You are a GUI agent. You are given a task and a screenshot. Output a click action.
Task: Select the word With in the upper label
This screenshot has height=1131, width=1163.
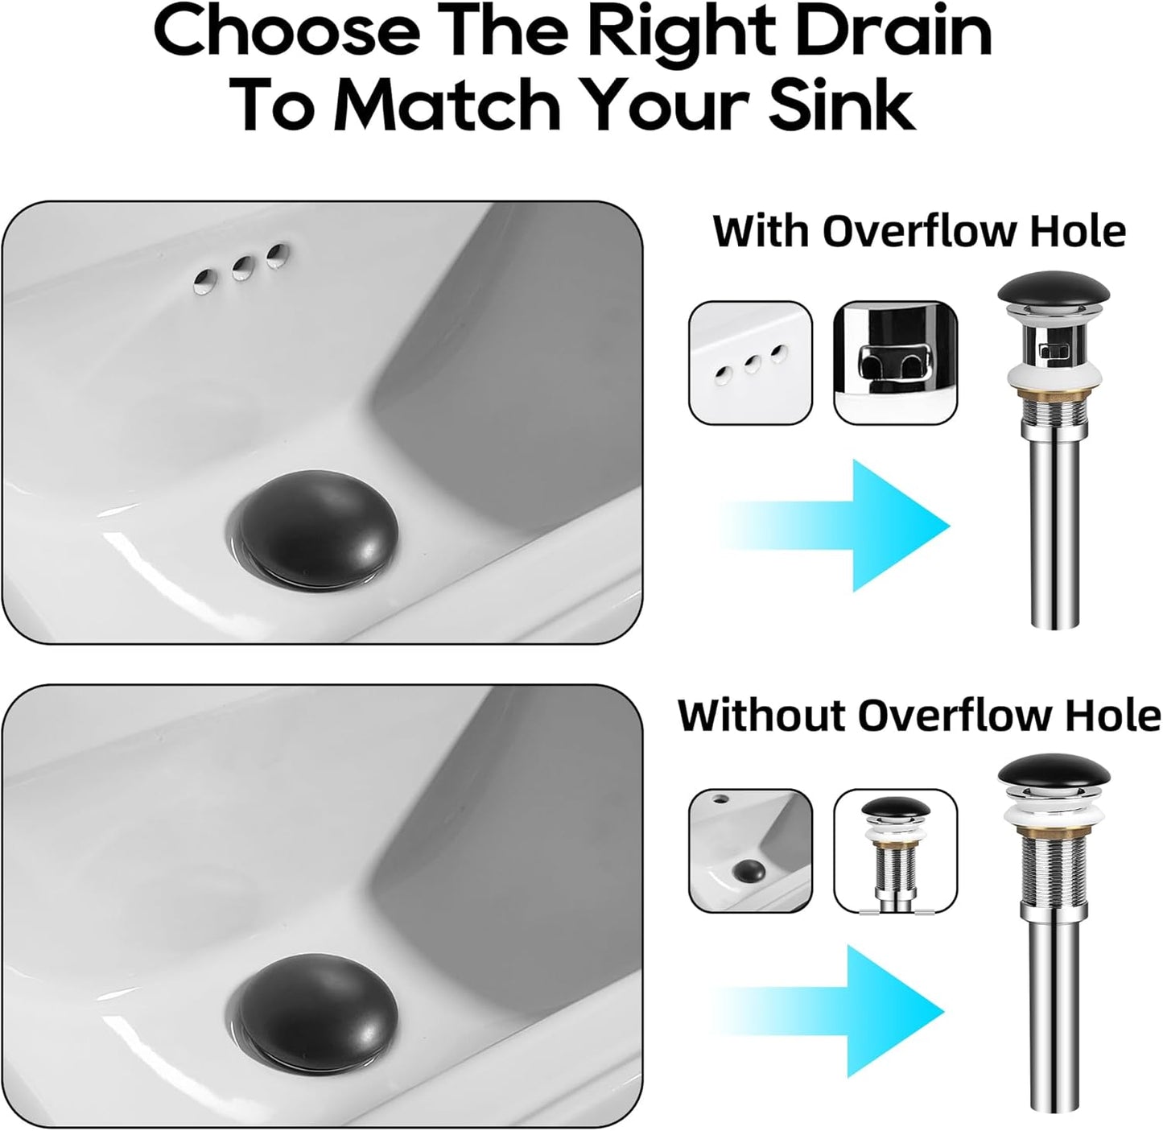(x=761, y=232)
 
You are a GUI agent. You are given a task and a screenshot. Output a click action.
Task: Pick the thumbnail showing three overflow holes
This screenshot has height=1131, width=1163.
(x=750, y=361)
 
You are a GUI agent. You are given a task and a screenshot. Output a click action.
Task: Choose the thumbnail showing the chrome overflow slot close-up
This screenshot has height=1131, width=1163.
(x=895, y=361)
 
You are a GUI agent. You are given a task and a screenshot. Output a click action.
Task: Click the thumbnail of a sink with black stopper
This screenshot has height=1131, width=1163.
(x=750, y=850)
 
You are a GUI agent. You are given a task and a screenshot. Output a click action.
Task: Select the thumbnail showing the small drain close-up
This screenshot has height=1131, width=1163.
(x=895, y=850)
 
